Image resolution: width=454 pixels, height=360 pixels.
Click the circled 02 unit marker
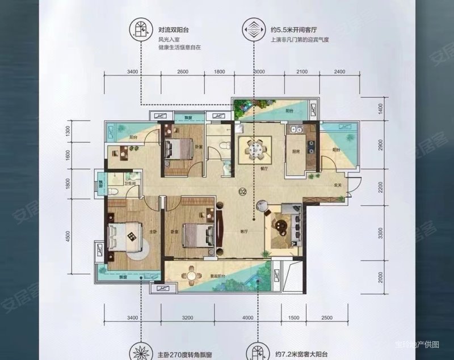click(x=242, y=191)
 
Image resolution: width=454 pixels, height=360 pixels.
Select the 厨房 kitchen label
click(x=296, y=152)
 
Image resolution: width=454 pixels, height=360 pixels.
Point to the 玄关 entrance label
click(x=337, y=185)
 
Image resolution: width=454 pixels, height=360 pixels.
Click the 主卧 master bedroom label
click(x=136, y=232)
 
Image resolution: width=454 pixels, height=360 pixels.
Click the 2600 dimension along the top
click(x=183, y=71)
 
